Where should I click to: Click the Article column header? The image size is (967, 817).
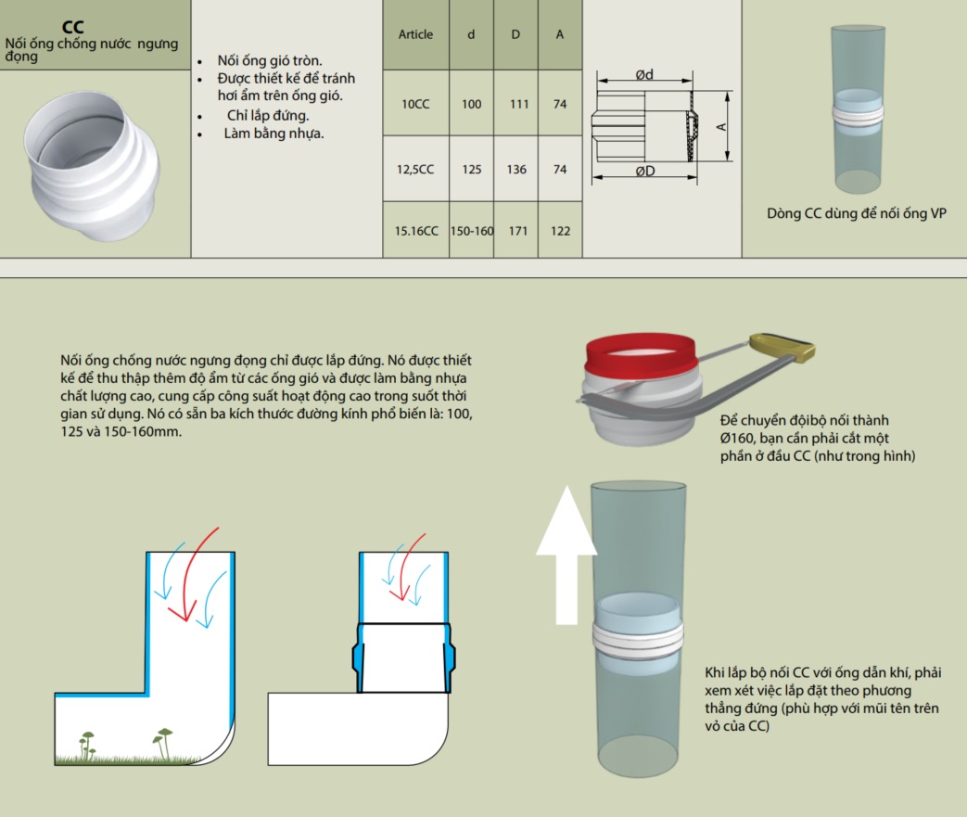415,35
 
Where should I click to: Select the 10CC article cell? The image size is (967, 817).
415,105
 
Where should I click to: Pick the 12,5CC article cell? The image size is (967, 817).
415,170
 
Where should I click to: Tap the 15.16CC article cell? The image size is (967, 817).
415,232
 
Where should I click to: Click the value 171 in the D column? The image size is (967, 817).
517,232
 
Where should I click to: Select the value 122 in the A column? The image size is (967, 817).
560,232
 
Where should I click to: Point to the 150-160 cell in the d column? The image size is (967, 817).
472,232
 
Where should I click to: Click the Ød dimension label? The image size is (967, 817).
645,75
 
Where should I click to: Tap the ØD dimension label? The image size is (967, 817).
646,172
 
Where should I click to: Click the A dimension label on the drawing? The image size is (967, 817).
719,125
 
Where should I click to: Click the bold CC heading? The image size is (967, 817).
72,28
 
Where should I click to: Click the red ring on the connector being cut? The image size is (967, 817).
641,350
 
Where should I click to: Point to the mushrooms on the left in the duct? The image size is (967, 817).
87,742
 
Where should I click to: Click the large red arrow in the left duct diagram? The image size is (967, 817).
197,574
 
